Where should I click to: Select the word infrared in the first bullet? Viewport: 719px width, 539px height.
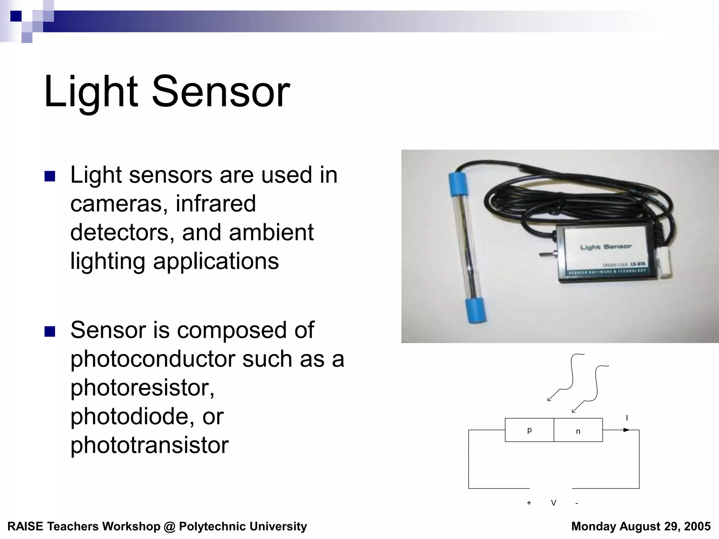tap(216, 204)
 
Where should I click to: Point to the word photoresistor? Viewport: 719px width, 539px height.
tap(142, 388)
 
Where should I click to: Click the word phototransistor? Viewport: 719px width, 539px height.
tap(150, 445)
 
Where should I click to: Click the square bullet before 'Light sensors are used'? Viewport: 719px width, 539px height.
tap(50, 176)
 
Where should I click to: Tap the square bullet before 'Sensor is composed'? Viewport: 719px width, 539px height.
tap(50, 331)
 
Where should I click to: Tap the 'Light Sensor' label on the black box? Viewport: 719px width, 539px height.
tap(606, 247)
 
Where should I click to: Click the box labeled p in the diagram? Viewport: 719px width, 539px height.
tap(529, 430)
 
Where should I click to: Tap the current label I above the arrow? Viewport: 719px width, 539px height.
tap(627, 418)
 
